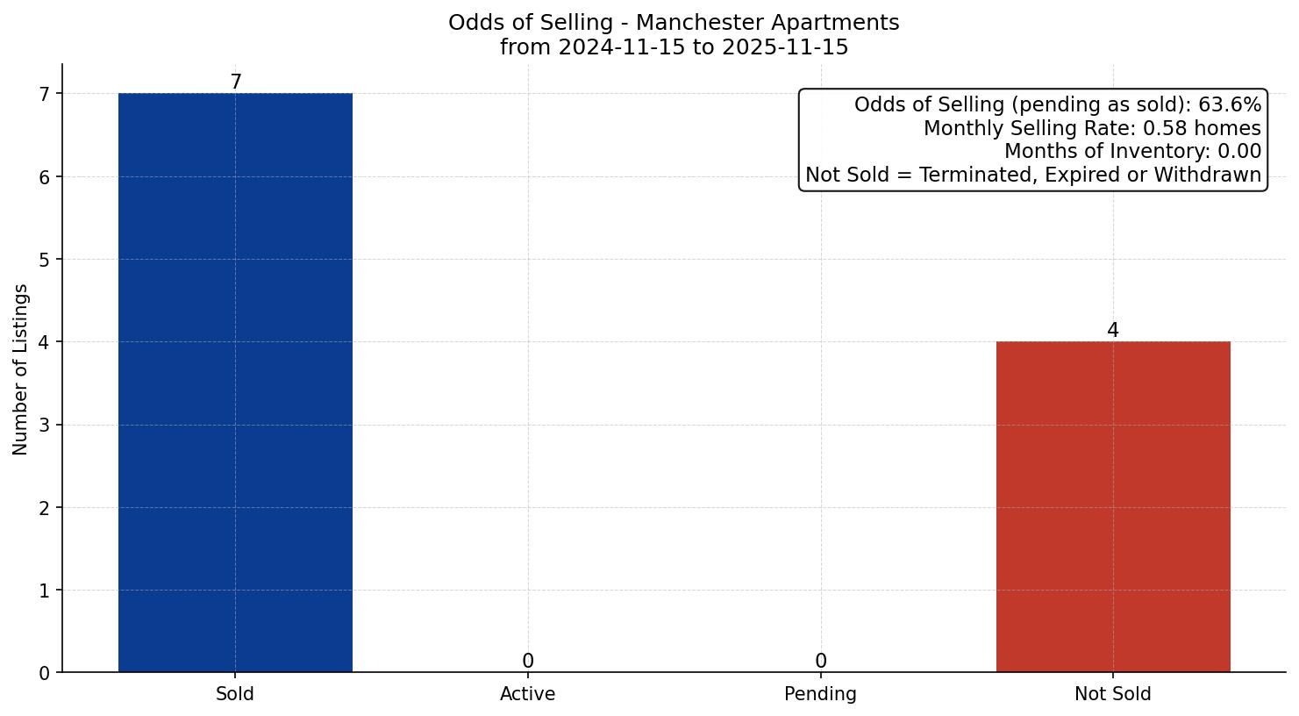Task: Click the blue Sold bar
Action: click(235, 383)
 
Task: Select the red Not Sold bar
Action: click(1113, 506)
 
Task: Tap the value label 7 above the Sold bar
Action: click(235, 82)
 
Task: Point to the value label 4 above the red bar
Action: click(1113, 331)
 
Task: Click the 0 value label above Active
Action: click(528, 662)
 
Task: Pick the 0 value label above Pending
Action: click(820, 662)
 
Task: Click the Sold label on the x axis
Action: click(235, 694)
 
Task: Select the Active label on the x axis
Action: click(528, 694)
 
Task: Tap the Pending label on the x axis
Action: click(820, 694)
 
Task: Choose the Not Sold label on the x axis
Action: click(1113, 694)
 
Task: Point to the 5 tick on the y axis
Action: click(45, 260)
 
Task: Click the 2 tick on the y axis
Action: click(45, 508)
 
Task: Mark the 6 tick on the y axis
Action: click(45, 177)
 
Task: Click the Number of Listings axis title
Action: click(21, 369)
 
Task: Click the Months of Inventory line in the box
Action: click(1132, 152)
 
